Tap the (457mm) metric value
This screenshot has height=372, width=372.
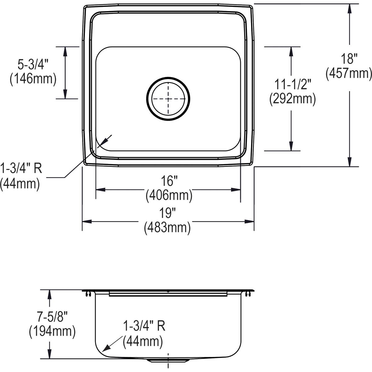348,73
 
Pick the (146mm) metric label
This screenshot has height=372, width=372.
33,79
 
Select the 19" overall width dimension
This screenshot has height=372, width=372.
168,213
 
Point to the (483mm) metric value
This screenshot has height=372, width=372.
167,228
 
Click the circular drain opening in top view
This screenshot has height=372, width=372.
168,99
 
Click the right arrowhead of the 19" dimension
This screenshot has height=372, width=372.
250,221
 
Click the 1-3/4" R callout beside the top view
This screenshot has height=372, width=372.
21,169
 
